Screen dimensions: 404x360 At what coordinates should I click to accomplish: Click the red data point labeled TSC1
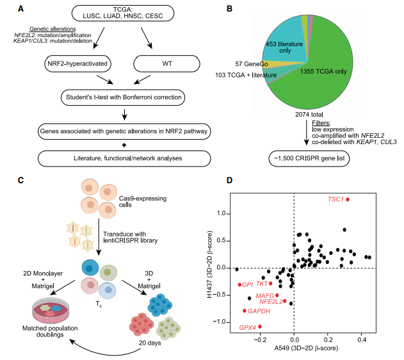pos(348,199)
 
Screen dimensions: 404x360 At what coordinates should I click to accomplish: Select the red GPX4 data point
pos(260,327)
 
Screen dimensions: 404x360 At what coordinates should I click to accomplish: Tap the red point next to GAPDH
pos(245,311)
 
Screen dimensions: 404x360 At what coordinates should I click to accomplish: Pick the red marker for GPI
pos(239,285)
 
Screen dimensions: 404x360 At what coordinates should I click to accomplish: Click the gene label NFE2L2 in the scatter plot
pos(271,302)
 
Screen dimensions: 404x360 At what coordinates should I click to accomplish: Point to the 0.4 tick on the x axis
pos(362,340)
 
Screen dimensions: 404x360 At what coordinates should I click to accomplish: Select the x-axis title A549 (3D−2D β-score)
pos(306,348)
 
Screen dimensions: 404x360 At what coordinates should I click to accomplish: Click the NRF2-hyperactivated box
pos(77,63)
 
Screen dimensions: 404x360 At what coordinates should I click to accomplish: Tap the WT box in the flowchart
pos(166,63)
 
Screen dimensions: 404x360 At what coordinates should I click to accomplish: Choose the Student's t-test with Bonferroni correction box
pos(123,97)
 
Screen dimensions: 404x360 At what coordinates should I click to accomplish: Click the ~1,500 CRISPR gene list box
pos(309,158)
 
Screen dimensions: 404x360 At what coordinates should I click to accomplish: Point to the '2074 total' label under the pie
pos(309,114)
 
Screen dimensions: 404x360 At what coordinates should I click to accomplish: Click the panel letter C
pos(20,180)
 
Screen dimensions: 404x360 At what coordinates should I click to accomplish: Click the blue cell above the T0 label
pos(90,268)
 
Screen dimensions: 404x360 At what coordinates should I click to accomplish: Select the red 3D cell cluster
pos(141,324)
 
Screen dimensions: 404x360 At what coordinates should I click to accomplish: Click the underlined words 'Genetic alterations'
pos(53,29)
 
